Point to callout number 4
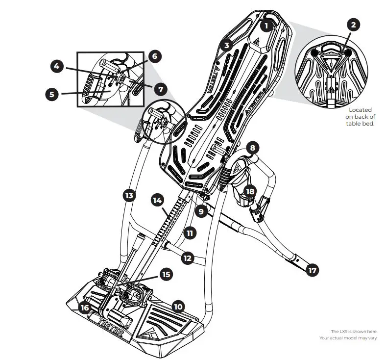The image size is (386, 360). coord(57,65)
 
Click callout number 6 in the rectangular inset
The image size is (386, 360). coord(154,56)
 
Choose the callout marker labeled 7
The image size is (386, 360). coord(161,89)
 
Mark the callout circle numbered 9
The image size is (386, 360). coord(200,212)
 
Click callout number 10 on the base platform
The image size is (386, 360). coord(178,307)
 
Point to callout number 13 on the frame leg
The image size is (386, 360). coord(129,195)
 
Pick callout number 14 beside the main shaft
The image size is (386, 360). coord(157,201)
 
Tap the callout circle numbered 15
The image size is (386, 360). coord(166,275)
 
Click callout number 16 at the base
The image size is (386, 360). coord(86,308)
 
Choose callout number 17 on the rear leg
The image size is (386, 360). coord(312,269)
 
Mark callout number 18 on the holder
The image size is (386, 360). coord(250,192)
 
